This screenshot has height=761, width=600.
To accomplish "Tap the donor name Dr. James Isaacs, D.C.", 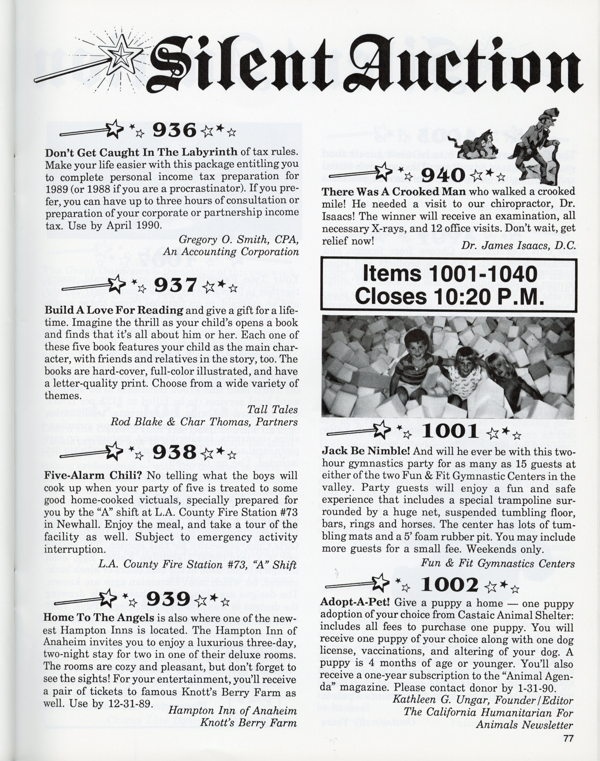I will pyautogui.click(x=518, y=245).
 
